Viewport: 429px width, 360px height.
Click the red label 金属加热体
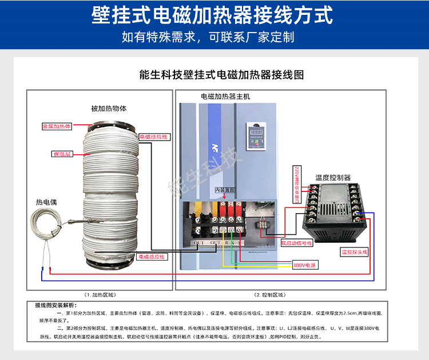pyautogui.click(x=57, y=126)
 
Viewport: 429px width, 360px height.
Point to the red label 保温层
pyautogui.click(x=61, y=154)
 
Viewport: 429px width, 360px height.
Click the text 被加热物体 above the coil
pyautogui.click(x=109, y=108)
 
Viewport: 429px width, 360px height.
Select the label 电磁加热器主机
pyautogui.click(x=225, y=97)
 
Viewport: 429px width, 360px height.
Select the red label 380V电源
pyautogui.click(x=305, y=265)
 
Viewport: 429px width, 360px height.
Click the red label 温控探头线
pyautogui.click(x=355, y=251)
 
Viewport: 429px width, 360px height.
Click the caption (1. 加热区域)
pyautogui.click(x=100, y=295)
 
